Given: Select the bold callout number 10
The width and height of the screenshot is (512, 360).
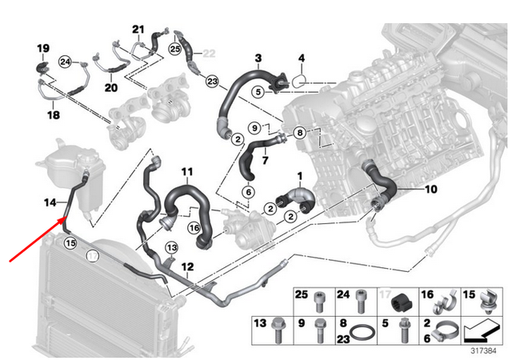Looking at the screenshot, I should [430, 190].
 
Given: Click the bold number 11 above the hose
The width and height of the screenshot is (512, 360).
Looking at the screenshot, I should [186, 172].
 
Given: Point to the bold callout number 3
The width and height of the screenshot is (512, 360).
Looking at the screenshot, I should [258, 58].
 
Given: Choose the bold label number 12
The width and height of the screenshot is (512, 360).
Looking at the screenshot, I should [187, 266].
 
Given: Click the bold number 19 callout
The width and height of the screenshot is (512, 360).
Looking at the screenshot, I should [43, 50].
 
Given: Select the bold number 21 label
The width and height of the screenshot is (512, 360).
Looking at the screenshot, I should [137, 30].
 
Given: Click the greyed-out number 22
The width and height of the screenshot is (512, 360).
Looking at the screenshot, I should [210, 53].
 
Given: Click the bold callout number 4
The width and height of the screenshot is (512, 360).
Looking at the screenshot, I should [302, 58].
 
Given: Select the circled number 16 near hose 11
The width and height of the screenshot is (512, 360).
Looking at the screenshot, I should [193, 228].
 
